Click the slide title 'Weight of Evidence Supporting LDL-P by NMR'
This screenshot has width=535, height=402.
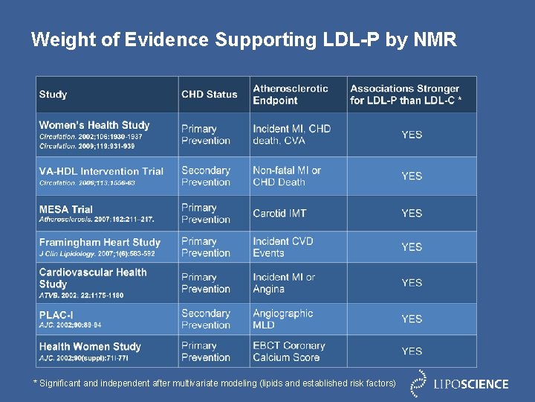(244, 39)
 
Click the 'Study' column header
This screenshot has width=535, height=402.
(53, 95)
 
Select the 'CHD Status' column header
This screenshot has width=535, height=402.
(210, 95)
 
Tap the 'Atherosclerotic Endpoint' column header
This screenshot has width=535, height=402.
(291, 95)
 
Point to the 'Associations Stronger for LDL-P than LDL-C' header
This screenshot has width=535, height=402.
(406, 95)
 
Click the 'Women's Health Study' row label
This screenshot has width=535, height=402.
(94, 125)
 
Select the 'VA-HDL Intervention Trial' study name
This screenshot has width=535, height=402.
(101, 171)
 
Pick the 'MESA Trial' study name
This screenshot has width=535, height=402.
(66, 209)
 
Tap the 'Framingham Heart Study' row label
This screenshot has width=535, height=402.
(100, 242)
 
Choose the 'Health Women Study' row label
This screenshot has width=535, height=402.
(90, 346)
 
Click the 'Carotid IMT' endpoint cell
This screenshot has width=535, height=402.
(279, 214)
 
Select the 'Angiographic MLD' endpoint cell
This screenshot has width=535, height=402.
(282, 319)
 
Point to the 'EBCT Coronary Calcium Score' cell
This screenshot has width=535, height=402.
(289, 351)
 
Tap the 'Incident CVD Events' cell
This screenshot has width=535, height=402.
(283, 247)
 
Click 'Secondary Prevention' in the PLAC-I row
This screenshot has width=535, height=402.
(206, 319)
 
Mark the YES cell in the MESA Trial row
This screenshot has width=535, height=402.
(412, 214)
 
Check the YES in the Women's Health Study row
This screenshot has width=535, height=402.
(412, 135)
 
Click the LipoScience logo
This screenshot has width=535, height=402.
(461, 383)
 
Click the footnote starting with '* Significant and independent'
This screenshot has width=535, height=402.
(215, 383)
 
